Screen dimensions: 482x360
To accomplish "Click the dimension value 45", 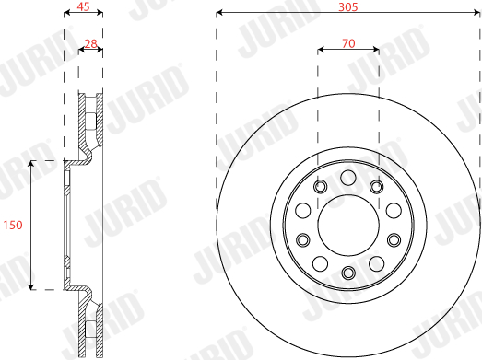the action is [x=83, y=6].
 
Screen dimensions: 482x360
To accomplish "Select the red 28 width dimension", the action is [x=90, y=43].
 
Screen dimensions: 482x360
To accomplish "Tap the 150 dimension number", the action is [x=13, y=226].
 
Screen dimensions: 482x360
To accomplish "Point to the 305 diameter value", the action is [x=348, y=6].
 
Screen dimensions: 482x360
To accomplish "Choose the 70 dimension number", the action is [x=348, y=43].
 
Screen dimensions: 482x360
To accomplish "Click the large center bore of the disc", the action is [x=348, y=226].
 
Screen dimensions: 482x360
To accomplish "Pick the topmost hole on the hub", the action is [x=348, y=178].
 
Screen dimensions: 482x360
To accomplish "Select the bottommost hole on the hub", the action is [x=348, y=273].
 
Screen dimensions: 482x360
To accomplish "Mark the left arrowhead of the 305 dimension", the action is [x=218, y=13].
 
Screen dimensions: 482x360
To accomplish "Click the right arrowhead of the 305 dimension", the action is [x=476, y=13].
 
